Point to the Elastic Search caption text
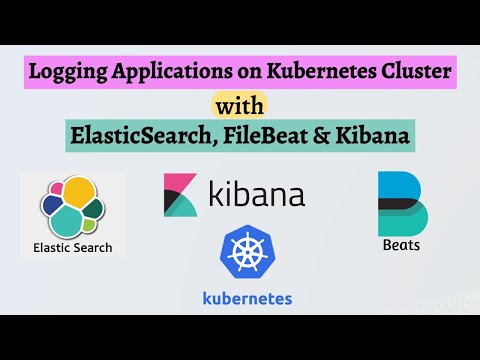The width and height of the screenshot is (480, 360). [73, 247]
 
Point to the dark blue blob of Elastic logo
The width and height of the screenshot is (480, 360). [52, 206]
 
